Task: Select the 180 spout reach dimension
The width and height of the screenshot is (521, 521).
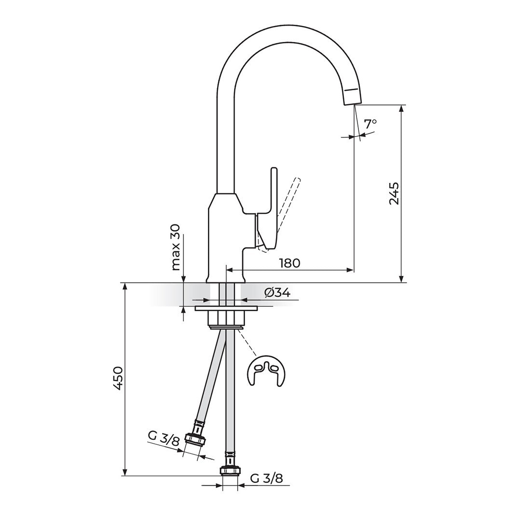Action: tap(289, 263)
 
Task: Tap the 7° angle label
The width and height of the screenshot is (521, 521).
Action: tap(370, 124)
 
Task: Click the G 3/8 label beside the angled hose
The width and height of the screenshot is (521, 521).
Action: tap(164, 439)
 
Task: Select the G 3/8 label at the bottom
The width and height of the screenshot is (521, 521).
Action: tap(266, 479)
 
